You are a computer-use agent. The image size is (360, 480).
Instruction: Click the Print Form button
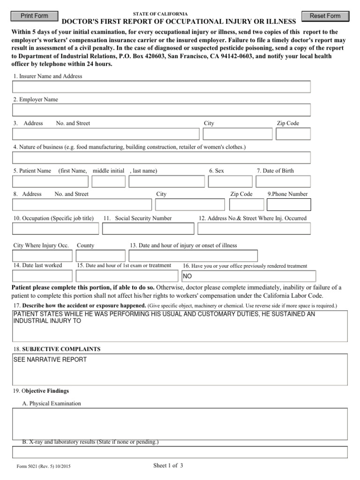coord(35,16)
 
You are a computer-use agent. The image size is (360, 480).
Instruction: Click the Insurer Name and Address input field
coord(161,87)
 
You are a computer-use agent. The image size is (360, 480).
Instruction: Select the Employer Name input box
coord(161,110)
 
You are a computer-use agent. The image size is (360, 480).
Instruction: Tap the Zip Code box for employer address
coord(293,134)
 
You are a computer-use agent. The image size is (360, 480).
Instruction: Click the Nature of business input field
coord(161,157)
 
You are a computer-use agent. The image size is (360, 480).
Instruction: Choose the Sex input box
coord(230,181)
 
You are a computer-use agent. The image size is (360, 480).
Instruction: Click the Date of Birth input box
coord(283,181)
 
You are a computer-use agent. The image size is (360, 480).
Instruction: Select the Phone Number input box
coord(288,205)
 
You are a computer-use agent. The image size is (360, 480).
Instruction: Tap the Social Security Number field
coord(148,228)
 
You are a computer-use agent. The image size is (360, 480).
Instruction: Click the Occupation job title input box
coord(55,228)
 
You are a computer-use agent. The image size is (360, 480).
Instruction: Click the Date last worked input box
coord(42,276)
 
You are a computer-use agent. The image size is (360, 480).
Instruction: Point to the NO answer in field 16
coord(187,276)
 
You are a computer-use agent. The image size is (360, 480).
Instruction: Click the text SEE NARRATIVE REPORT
coord(50,360)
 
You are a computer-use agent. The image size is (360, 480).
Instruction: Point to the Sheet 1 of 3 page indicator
coord(168,465)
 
